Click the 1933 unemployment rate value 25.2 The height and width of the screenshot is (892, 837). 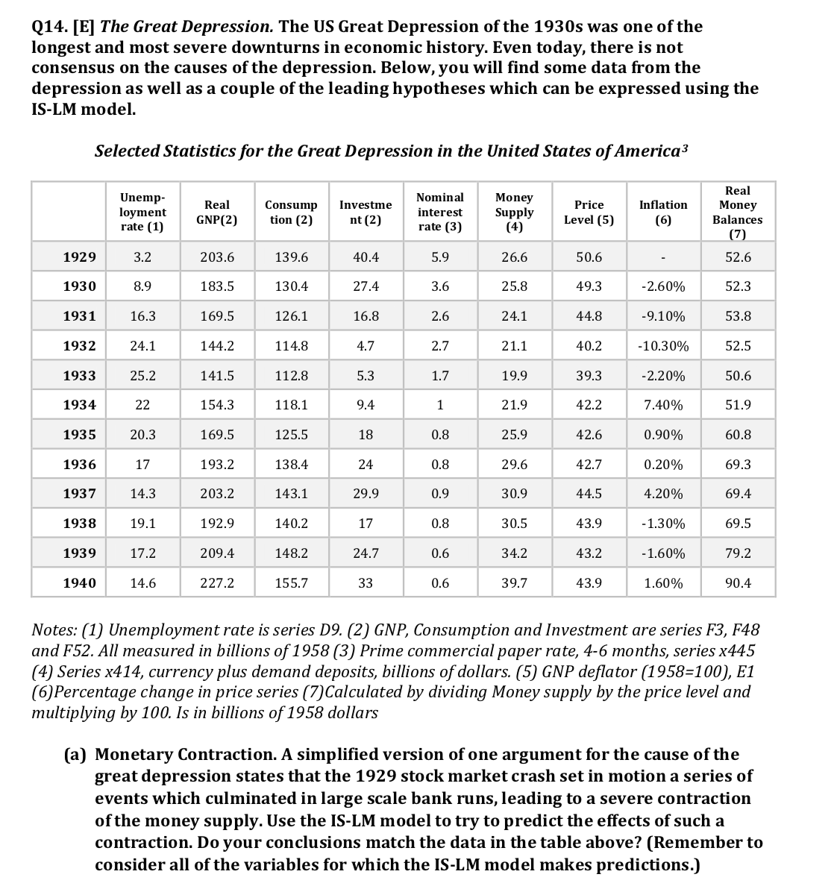(x=142, y=375)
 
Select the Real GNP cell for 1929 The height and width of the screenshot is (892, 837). (x=217, y=257)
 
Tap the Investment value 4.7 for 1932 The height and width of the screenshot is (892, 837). (x=366, y=346)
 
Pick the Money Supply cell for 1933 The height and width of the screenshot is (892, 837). (x=514, y=375)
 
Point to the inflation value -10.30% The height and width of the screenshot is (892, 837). (x=663, y=346)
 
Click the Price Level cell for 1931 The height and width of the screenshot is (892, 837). (x=589, y=316)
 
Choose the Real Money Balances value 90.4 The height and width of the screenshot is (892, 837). (x=738, y=583)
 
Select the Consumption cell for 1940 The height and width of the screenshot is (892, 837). (x=291, y=583)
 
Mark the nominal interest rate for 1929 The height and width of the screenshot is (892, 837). (x=440, y=257)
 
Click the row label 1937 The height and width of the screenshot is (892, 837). (x=79, y=494)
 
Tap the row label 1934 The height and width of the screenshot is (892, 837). (x=79, y=405)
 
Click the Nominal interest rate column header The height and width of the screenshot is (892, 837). (x=440, y=212)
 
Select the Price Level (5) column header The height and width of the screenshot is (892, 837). (x=589, y=212)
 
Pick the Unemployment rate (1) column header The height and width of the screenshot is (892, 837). (x=142, y=212)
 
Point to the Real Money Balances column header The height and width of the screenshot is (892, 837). (x=738, y=213)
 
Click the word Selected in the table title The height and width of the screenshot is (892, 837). (x=128, y=151)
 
